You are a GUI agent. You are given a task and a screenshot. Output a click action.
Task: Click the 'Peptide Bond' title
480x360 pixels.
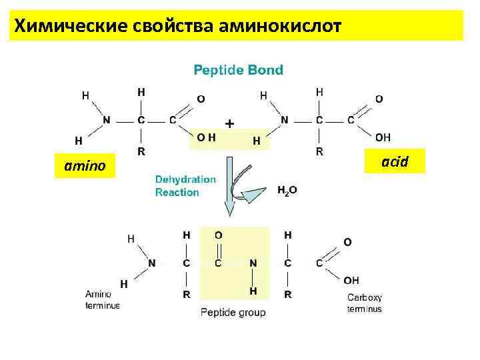[238, 69]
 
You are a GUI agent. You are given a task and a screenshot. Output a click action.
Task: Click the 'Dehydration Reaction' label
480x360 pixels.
[185, 186]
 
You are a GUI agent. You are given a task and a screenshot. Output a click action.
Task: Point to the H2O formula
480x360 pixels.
[287, 190]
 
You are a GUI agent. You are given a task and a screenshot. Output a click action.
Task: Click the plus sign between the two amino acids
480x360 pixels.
[230, 123]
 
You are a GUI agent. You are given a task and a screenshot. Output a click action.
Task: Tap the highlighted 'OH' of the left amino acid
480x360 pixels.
[207, 138]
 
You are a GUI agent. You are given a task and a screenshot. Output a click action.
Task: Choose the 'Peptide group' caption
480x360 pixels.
[233, 312]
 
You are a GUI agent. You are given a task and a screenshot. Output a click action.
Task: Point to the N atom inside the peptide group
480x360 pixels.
[253, 263]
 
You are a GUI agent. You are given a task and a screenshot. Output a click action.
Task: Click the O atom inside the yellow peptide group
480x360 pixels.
[219, 235]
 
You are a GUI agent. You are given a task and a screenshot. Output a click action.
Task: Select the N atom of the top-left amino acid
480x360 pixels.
[107, 121]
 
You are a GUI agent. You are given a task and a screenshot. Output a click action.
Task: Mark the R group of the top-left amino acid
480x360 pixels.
[141, 151]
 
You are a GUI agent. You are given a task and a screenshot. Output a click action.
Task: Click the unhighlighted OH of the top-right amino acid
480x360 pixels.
[383, 137]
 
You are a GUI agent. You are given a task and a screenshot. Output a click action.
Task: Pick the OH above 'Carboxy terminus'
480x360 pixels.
[351, 280]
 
